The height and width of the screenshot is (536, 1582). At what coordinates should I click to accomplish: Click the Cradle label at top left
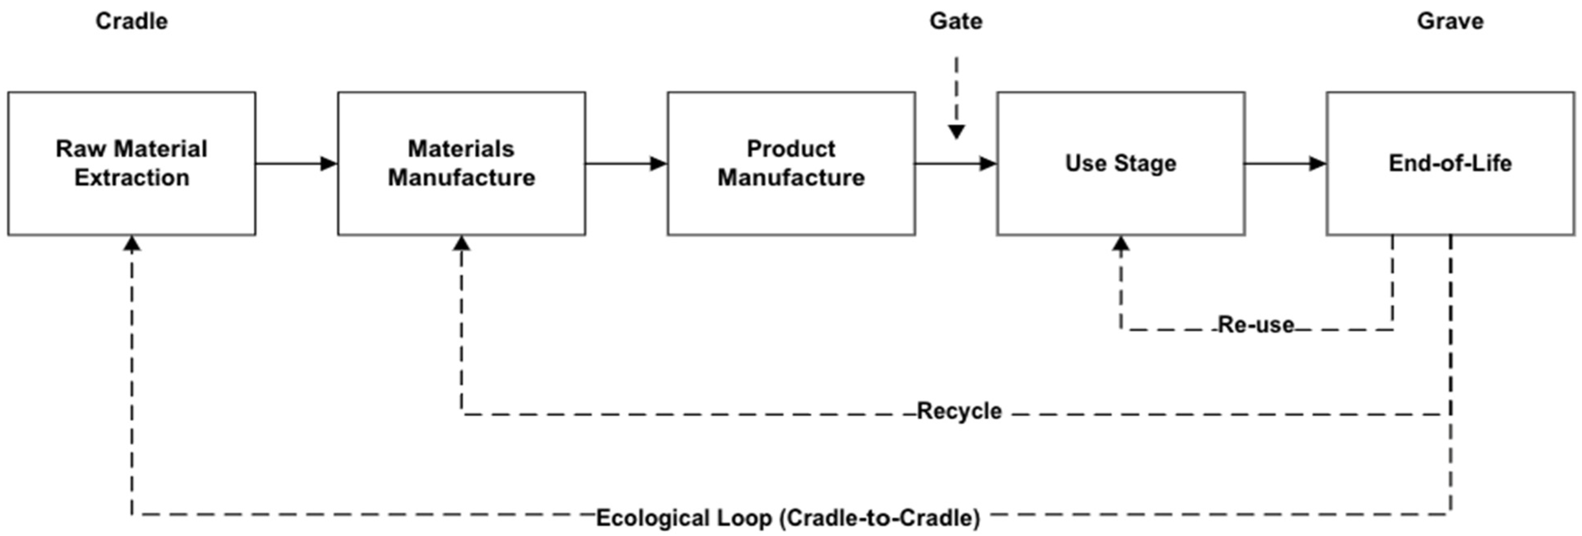(x=131, y=21)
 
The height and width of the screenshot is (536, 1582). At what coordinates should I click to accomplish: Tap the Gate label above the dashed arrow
(x=955, y=21)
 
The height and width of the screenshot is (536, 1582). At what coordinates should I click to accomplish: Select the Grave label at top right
(x=1450, y=21)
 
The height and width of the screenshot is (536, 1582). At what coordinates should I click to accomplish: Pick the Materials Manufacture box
(x=461, y=203)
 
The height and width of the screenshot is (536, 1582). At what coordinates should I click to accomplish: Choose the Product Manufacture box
(x=791, y=203)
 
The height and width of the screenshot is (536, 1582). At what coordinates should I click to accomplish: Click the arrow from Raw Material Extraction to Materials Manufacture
(x=296, y=163)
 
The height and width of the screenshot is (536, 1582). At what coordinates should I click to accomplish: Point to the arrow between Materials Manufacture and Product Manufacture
(x=627, y=163)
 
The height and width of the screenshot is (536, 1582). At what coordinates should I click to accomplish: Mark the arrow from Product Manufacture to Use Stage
(x=955, y=163)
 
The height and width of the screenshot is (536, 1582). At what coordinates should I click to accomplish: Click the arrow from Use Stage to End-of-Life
(x=1286, y=163)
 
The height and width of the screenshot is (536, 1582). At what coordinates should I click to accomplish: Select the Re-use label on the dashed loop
(x=1256, y=325)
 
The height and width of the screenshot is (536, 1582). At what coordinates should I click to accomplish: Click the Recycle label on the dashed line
(x=959, y=411)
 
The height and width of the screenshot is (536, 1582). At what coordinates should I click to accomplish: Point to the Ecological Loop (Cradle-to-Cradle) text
(x=788, y=518)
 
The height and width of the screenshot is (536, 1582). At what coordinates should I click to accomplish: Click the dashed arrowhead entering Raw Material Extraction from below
(x=131, y=244)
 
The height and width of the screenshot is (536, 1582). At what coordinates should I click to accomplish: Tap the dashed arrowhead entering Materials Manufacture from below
(x=461, y=244)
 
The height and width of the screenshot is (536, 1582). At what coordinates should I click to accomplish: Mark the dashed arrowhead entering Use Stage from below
(x=1121, y=244)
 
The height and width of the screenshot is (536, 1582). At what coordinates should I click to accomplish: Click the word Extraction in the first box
(x=131, y=178)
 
